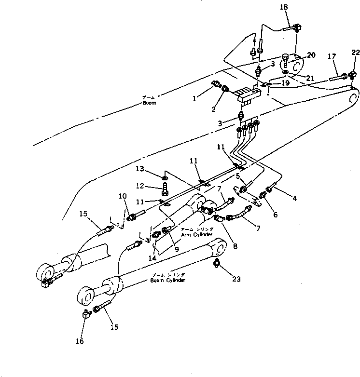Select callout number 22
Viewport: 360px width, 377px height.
pyautogui.click(x=355, y=53)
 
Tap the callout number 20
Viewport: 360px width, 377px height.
pyautogui.click(x=311, y=55)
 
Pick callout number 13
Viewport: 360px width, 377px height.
pyautogui.click(x=140, y=169)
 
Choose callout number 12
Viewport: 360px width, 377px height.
pyautogui.click(x=140, y=186)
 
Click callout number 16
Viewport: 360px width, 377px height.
pyautogui.click(x=80, y=341)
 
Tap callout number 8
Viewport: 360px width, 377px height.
pyautogui.click(x=235, y=245)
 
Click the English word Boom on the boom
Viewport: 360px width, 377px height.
pyautogui.click(x=149, y=103)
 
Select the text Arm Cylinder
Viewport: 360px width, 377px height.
pyautogui.click(x=197, y=234)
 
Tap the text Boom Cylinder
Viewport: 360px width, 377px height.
pyautogui.click(x=167, y=280)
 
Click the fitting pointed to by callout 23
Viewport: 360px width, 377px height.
pyautogui.click(x=217, y=263)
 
